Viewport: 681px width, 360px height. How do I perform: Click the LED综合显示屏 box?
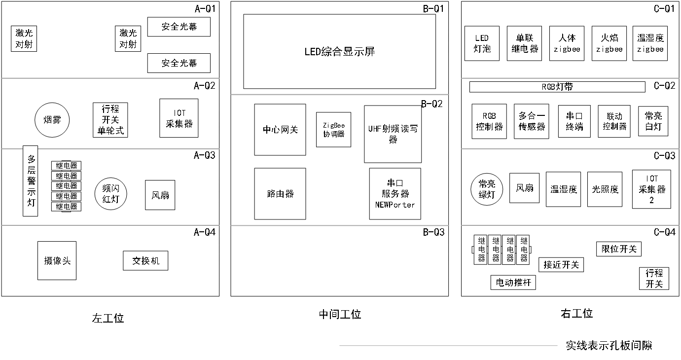click(x=339, y=51)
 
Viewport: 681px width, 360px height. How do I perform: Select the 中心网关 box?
click(x=280, y=130)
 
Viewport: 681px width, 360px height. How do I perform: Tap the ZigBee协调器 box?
click(x=334, y=130)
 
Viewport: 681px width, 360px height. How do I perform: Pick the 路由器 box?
click(x=280, y=194)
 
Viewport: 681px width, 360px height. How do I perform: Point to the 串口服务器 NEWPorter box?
click(x=395, y=194)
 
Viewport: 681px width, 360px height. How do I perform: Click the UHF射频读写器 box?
click(x=393, y=134)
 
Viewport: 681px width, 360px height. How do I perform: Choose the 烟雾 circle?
click(x=52, y=120)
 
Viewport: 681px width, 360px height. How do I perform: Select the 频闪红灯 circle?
click(x=111, y=194)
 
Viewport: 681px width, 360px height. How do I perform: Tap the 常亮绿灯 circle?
click(x=487, y=189)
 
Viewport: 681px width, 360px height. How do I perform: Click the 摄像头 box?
click(x=57, y=260)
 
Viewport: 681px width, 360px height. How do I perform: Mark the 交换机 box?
click(x=145, y=261)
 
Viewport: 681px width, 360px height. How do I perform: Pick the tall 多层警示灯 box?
click(x=31, y=180)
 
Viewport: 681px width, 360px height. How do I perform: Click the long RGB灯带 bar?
click(x=557, y=87)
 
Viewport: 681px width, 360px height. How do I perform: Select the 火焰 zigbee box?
click(x=609, y=43)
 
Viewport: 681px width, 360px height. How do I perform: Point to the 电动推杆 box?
click(x=513, y=283)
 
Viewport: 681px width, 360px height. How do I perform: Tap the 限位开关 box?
click(x=619, y=249)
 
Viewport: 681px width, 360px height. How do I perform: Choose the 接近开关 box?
click(x=561, y=265)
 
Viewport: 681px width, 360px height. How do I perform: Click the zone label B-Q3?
click(x=433, y=232)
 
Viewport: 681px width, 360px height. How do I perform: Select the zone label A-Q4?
click(x=205, y=232)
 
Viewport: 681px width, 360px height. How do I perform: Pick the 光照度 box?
click(x=605, y=189)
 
